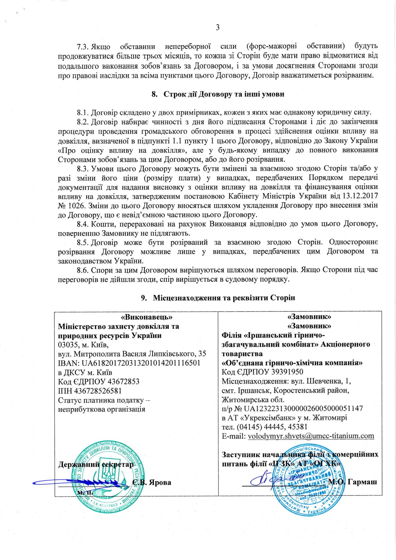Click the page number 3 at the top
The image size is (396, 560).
[x=218, y=28]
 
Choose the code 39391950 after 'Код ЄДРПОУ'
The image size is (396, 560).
[x=283, y=372]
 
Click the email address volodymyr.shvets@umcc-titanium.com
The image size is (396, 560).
[x=311, y=436]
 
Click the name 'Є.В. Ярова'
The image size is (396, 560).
[x=152, y=482]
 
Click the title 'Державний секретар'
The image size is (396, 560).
[x=96, y=464]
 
